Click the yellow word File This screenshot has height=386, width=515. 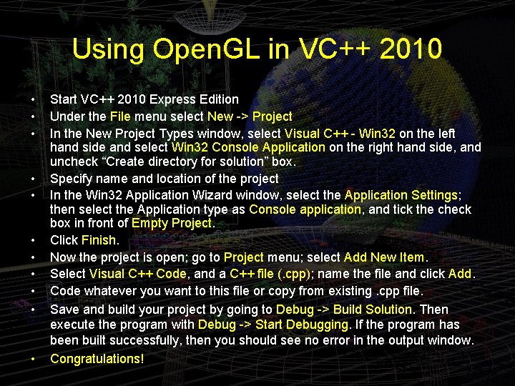[120, 116]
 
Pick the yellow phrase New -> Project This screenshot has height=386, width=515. [250, 116]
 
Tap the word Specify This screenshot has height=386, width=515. [74, 179]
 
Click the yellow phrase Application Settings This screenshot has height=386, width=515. [401, 194]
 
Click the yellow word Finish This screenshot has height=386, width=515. [99, 241]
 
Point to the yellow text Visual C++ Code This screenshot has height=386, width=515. [138, 273]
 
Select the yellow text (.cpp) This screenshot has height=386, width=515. [287, 273]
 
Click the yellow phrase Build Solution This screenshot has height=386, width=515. [373, 310]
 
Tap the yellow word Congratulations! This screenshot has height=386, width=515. [97, 358]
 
